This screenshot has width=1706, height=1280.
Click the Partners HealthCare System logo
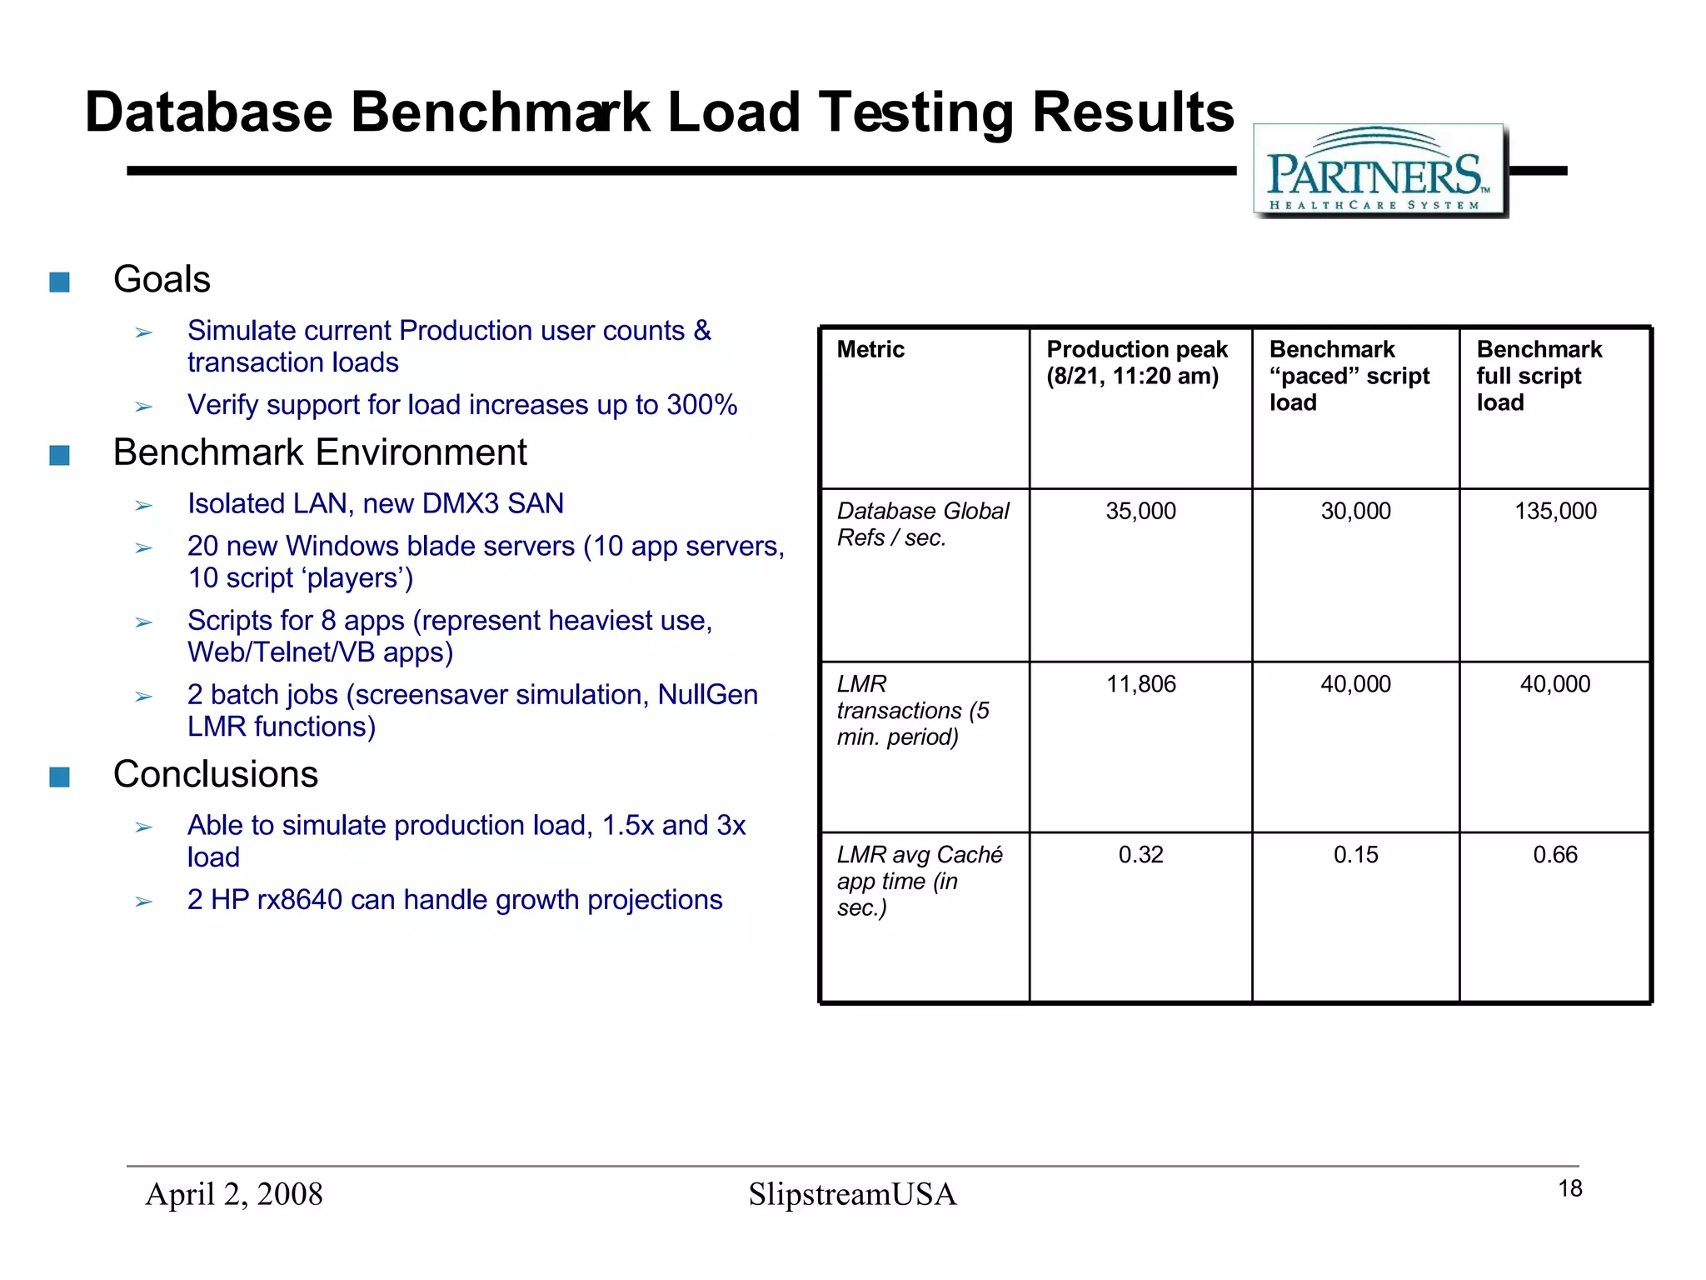click(1380, 172)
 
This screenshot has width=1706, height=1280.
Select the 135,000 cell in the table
click(1555, 511)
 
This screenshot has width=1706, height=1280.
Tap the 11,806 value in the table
click(1140, 684)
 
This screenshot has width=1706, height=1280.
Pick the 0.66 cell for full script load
click(1555, 854)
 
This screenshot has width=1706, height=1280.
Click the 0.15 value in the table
click(1355, 854)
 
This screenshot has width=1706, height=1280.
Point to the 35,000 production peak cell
click(1140, 511)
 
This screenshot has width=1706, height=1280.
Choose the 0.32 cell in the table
click(1140, 854)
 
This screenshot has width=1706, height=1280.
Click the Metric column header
click(870, 349)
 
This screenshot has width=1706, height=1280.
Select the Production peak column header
click(1137, 362)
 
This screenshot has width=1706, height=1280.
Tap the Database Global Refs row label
click(922, 524)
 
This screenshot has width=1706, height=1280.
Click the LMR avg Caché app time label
click(919, 881)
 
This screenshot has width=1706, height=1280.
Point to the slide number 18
click(1570, 1188)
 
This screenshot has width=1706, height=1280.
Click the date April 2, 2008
click(234, 1194)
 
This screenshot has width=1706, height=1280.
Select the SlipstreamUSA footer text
click(852, 1194)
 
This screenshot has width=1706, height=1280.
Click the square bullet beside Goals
click(59, 282)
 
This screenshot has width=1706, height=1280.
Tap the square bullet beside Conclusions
click(59, 777)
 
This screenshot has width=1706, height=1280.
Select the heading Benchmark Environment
click(320, 452)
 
